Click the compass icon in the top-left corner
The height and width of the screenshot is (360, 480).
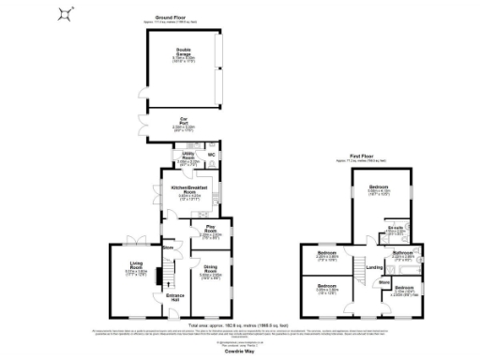coord(65,12)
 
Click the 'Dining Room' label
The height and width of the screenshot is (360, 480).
coord(210,271)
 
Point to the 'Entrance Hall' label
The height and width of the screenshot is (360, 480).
coord(175,298)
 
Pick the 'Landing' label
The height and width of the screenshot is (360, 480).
coord(373,269)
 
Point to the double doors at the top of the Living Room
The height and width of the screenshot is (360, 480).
coord(134,239)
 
